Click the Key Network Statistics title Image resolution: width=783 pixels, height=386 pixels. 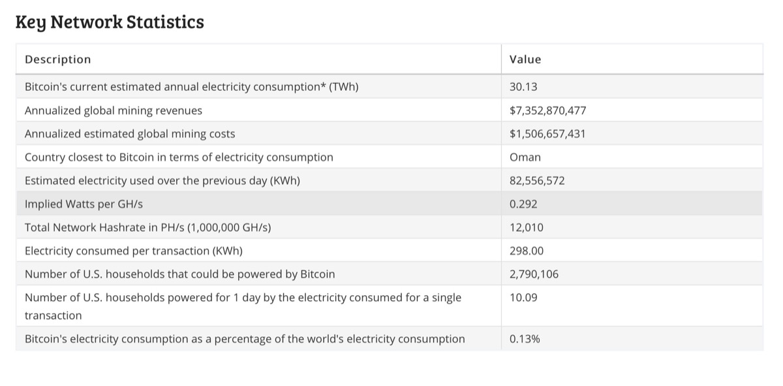pos(110,22)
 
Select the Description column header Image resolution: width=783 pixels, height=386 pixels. pos(57,59)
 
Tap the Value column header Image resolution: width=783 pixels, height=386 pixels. pos(525,59)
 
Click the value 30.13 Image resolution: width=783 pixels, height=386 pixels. pos(523,87)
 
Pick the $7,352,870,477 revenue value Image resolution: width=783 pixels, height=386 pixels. pos(547,110)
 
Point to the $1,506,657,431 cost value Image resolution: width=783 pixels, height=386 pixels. pos(547,134)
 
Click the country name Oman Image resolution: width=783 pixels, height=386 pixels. pos(525,157)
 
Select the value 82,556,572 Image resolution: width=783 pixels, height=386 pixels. pos(537,181)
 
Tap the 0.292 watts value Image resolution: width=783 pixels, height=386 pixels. pos(523,204)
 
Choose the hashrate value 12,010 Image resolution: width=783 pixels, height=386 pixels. pos(527,228)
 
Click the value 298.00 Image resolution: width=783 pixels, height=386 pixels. pos(527,251)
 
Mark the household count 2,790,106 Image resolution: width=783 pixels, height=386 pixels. pos(534,274)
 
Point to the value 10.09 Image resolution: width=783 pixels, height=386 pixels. pos(523,298)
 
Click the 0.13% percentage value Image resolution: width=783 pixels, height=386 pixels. pos(525,339)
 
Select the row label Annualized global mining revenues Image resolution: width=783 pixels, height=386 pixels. pos(114,110)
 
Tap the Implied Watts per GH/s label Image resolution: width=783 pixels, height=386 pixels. pos(84,204)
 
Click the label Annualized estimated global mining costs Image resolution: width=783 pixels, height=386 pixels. pos(130,134)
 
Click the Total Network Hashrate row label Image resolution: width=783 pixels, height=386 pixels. pos(147,228)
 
